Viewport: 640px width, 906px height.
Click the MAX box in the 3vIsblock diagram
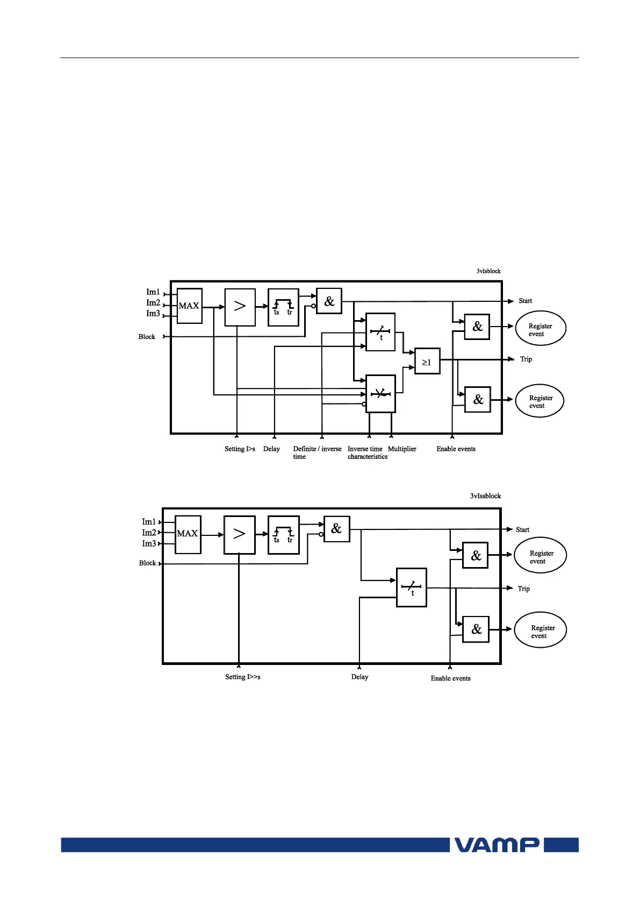[x=189, y=306]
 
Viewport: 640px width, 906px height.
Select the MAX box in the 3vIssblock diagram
[x=188, y=534]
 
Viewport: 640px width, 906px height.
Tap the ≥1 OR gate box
[x=427, y=362]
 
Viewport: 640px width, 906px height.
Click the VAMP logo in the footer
[x=497, y=845]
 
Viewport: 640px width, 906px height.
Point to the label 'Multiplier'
[x=402, y=449]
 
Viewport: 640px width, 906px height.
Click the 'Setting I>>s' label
[x=242, y=677]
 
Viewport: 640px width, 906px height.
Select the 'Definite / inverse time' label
[x=317, y=452]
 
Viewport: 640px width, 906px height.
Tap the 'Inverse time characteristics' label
[x=367, y=452]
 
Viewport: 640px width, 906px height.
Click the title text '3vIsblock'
[x=488, y=271]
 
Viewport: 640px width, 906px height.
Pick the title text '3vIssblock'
[x=485, y=496]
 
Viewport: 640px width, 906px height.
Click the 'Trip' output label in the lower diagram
[x=523, y=589]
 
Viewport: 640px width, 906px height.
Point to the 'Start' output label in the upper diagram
[x=525, y=301]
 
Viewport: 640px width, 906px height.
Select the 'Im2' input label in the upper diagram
[x=153, y=303]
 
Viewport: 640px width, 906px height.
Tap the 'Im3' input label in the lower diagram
[x=149, y=543]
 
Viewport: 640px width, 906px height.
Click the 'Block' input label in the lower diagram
[x=147, y=563]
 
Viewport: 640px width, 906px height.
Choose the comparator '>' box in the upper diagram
[x=240, y=307]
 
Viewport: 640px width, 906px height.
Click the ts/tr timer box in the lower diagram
[x=283, y=535]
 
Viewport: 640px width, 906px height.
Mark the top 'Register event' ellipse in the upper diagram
[x=540, y=328]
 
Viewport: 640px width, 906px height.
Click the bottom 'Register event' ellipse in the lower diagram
[x=540, y=630]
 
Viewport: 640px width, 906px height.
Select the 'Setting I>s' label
[x=240, y=449]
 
